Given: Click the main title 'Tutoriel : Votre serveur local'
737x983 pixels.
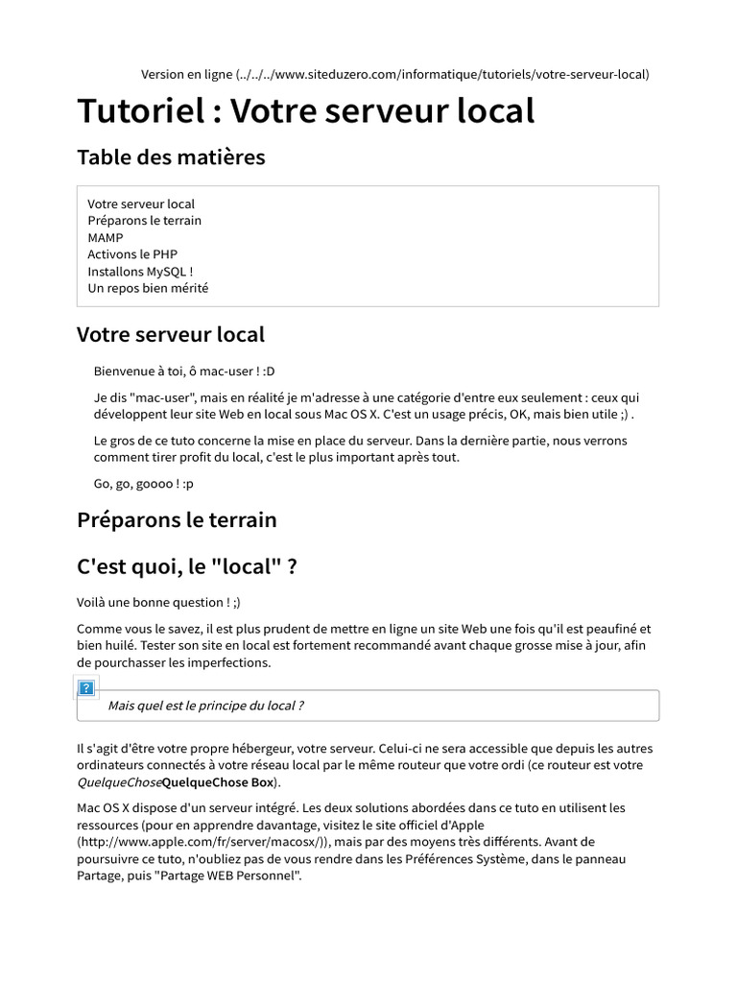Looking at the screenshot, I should (305, 111).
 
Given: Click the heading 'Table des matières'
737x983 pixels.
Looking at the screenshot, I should (171, 156).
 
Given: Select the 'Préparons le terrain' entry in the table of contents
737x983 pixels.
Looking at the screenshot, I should (144, 221).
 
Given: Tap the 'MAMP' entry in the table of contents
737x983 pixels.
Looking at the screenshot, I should (106, 237).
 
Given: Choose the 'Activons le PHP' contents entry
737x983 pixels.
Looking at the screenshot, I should (132, 254).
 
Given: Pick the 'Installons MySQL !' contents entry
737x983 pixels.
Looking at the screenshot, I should (140, 271).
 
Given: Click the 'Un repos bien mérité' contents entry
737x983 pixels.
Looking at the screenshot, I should (148, 288).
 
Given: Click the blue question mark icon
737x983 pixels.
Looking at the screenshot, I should (86, 687).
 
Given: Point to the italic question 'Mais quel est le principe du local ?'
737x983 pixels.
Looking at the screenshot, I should (205, 706).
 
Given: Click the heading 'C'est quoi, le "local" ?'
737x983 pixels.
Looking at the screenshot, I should (186, 567).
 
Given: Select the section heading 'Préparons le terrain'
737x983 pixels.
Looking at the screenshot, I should (177, 520).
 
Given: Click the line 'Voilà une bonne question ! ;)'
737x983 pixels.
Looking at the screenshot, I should (159, 603).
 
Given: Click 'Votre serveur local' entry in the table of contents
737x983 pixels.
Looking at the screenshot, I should (141, 204).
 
